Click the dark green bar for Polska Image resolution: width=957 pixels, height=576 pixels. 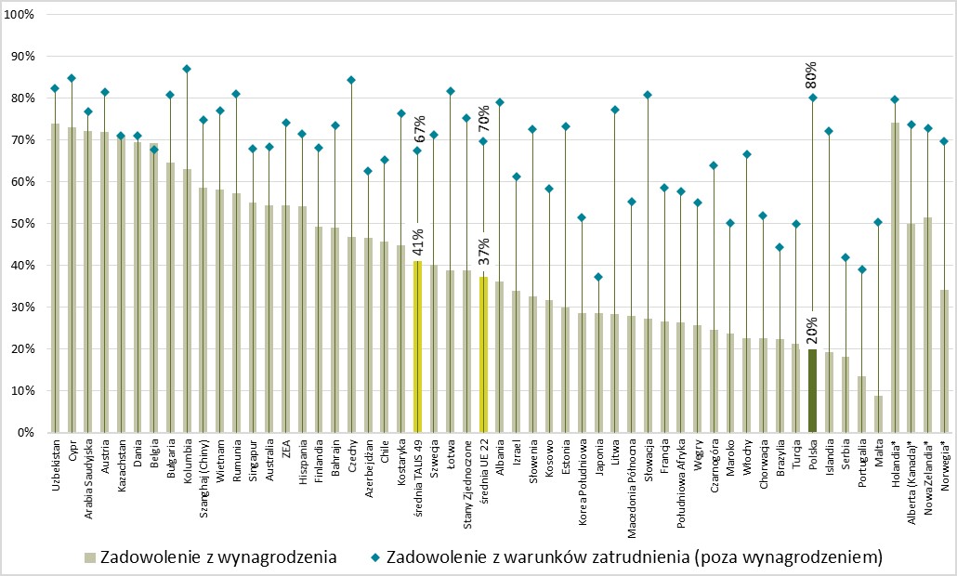click(x=812, y=391)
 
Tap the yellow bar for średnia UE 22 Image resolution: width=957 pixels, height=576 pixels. click(x=483, y=355)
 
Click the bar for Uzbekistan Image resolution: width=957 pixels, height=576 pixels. click(x=55, y=279)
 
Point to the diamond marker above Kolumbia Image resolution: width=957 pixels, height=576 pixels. click(x=187, y=69)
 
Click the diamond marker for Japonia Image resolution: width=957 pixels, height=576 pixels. click(x=598, y=277)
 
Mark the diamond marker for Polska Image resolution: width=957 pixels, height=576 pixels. click(x=812, y=98)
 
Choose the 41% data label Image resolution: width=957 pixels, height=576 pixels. click(x=418, y=241)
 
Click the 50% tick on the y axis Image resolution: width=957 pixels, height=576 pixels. click(x=21, y=224)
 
